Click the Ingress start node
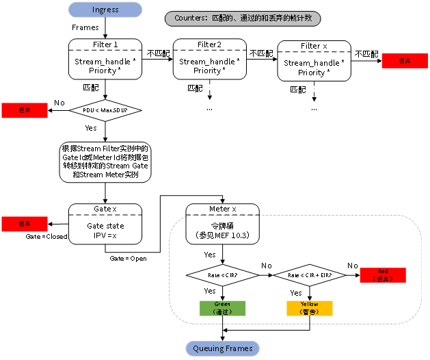pyautogui.click(x=105, y=10)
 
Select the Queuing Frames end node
pyautogui.click(x=222, y=348)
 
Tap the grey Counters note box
pyautogui.click(x=243, y=18)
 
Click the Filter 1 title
pyautogui.click(x=105, y=44)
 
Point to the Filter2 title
pyautogui.click(x=210, y=44)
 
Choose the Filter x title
pyautogui.click(x=314, y=46)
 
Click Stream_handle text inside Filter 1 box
pyautogui.click(x=105, y=62)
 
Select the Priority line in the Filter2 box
pyautogui.click(x=210, y=70)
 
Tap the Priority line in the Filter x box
pyautogui.click(x=314, y=73)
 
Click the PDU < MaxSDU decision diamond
pyautogui.click(x=105, y=110)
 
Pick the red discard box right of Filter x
pyautogui.click(x=404, y=61)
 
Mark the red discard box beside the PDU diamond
pyautogui.click(x=25, y=110)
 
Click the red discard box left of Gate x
pyautogui.click(x=25, y=224)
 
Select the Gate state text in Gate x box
pyautogui.click(x=105, y=226)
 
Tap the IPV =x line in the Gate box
pyautogui.click(x=105, y=235)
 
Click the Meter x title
pyautogui.click(x=222, y=209)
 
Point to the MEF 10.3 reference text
pyautogui.click(x=222, y=235)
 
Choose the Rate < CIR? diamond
pyautogui.click(x=222, y=275)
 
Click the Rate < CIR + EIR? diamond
pyautogui.click(x=309, y=275)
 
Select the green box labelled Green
pyautogui.click(x=222, y=308)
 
